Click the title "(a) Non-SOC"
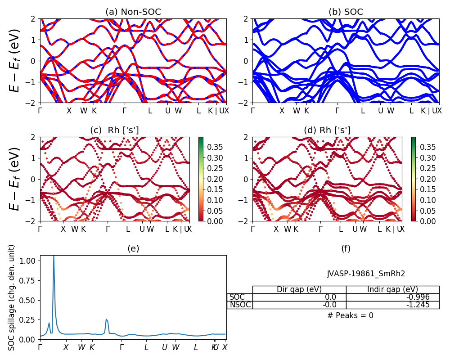coord(133,12)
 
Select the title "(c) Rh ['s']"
coord(114,130)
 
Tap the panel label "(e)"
coord(133,248)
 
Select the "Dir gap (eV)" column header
coord(299,289)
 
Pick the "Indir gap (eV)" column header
coord(392,289)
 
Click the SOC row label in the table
coord(237,297)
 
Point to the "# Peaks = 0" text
coord(350,315)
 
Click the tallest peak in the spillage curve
coord(54,256)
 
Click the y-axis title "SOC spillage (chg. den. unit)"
coord(12,297)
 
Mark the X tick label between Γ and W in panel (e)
coord(66,347)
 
